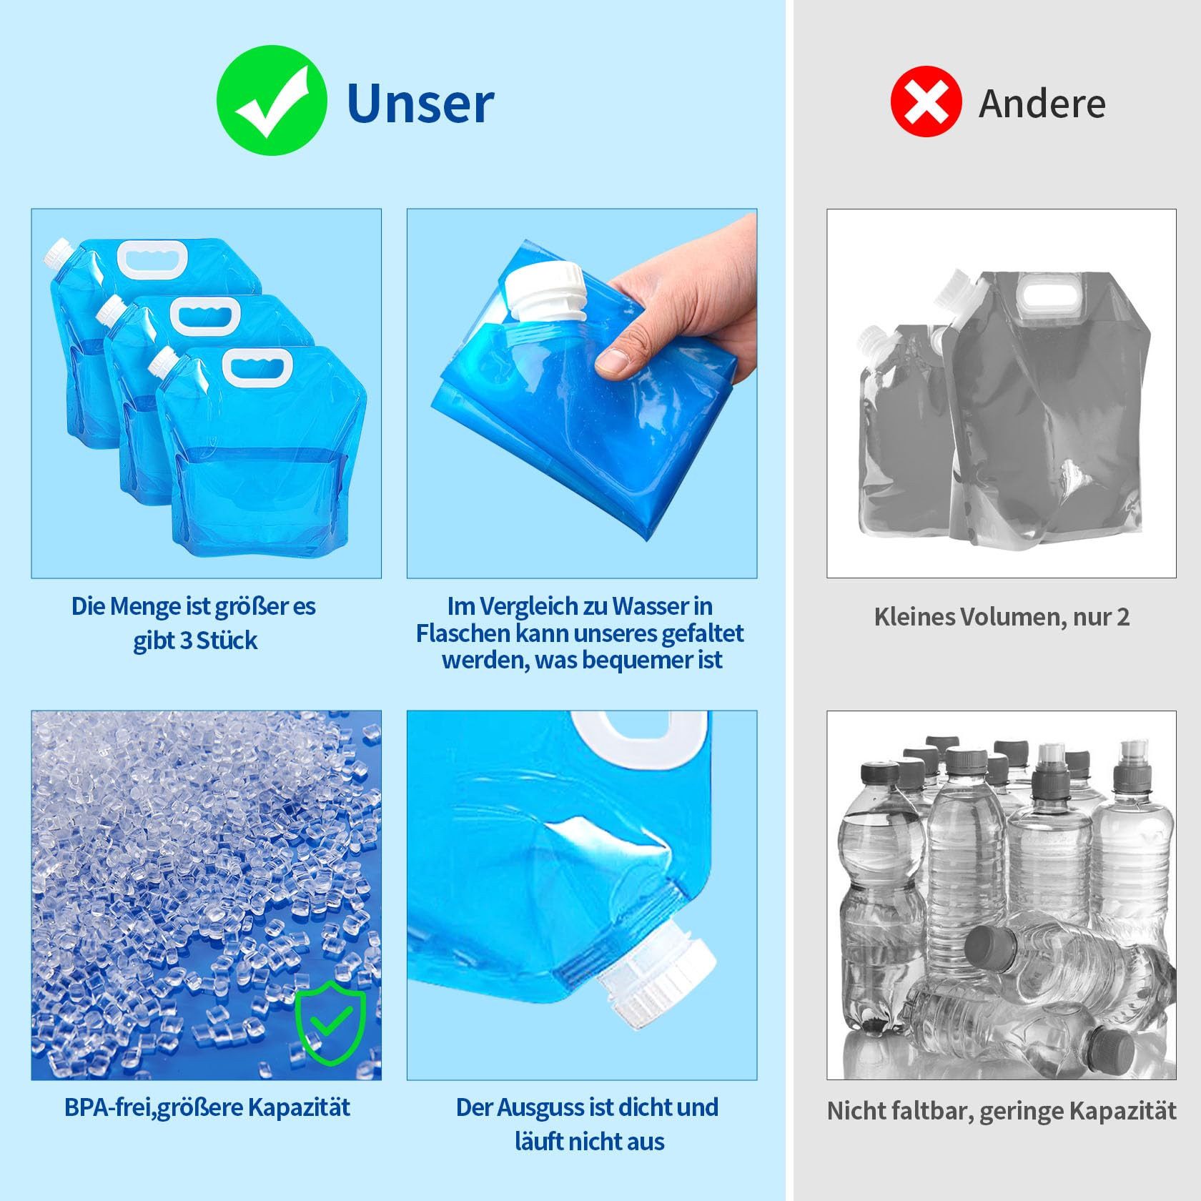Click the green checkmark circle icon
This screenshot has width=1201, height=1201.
tap(272, 101)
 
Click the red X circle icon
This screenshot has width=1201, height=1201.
tap(926, 102)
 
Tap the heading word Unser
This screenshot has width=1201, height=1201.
tap(420, 104)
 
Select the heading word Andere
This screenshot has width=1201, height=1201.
tap(1042, 104)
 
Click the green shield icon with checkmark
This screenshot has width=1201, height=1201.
tap(330, 1024)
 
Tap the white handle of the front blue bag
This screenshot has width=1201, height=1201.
tap(257, 367)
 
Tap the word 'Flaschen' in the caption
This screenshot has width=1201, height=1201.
tap(463, 633)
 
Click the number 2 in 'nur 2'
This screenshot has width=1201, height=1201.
tap(1122, 617)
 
